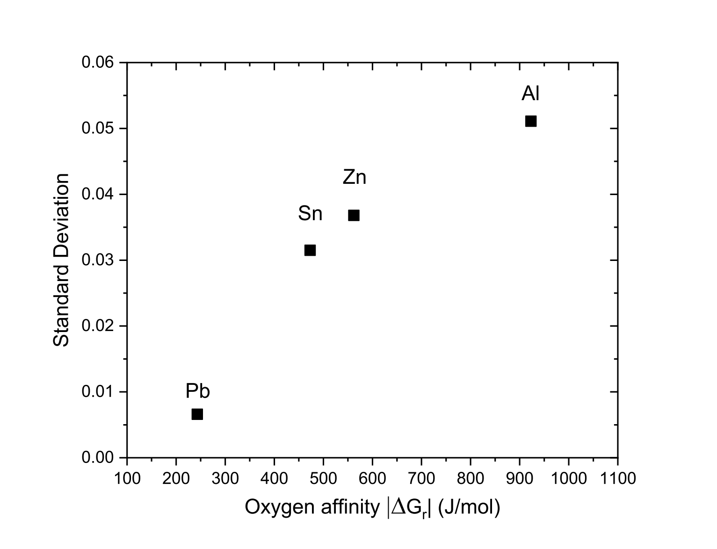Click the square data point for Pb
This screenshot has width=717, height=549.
click(197, 414)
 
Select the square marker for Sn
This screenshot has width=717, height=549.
click(310, 250)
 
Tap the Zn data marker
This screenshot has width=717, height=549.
click(354, 215)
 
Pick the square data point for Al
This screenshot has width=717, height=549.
click(530, 121)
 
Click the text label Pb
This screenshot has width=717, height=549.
click(197, 391)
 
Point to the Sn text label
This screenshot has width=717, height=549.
click(310, 214)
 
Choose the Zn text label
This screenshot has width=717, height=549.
click(354, 178)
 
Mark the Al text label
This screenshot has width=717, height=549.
click(530, 94)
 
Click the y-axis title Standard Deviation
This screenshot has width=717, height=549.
click(61, 260)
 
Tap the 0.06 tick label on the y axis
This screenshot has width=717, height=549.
click(98, 62)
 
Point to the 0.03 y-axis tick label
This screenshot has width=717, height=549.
click(98, 260)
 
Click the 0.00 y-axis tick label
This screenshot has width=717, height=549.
click(98, 457)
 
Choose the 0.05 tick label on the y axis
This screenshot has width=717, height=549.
click(98, 128)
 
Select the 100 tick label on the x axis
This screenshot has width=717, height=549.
click(127, 478)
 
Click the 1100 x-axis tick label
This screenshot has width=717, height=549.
click(617, 478)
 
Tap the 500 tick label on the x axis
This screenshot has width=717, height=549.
click(323, 478)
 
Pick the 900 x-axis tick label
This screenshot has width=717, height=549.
click(519, 478)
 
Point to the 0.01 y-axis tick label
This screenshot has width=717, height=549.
click(98, 391)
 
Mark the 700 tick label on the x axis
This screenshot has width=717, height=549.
click(421, 478)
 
